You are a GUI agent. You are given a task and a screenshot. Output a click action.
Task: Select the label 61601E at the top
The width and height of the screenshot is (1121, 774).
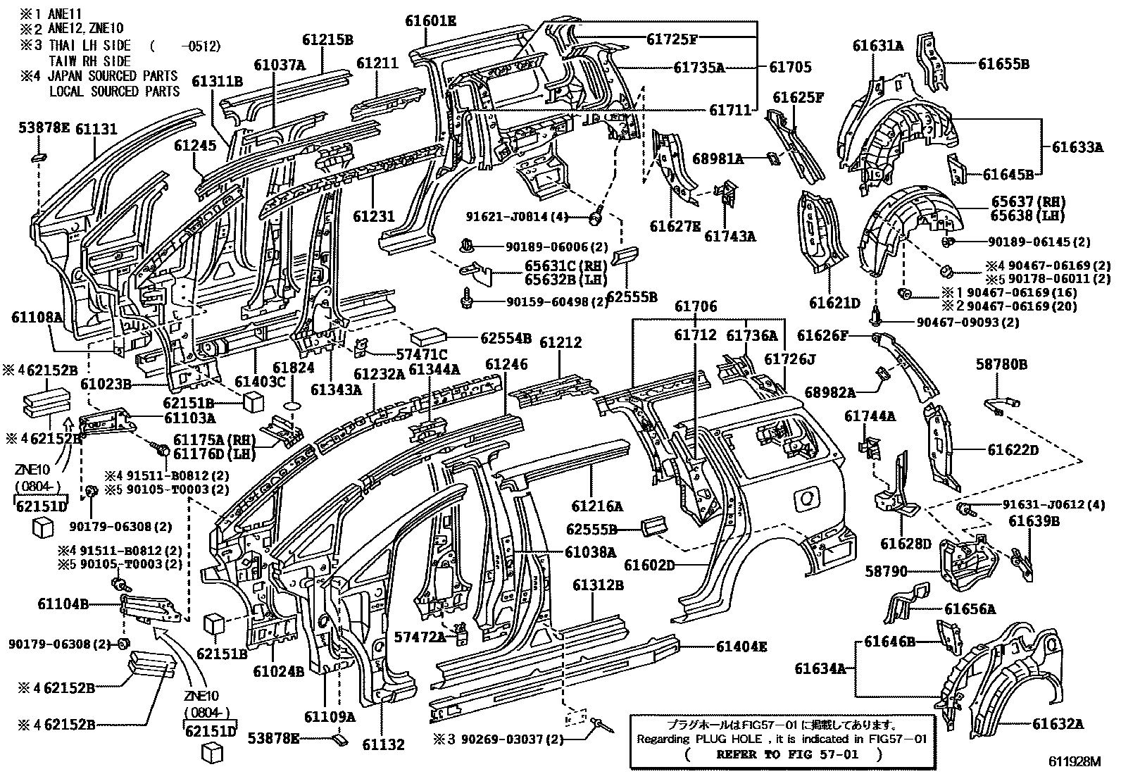(x=430, y=21)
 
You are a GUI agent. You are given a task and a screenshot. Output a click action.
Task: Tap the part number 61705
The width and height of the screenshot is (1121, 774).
(x=790, y=68)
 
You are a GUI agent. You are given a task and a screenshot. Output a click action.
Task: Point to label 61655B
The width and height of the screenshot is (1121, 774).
(x=1003, y=64)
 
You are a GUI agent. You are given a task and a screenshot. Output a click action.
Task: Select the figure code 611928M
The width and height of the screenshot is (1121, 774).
(x=1073, y=762)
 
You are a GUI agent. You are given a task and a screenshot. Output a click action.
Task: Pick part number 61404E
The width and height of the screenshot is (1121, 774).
(x=741, y=646)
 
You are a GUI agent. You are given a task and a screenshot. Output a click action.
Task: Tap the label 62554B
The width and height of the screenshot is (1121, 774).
(x=506, y=338)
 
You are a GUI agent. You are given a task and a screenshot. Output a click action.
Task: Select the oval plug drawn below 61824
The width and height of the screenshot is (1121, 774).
(x=293, y=407)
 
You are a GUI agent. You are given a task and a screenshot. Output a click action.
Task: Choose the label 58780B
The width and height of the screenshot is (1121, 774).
(x=1001, y=364)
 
